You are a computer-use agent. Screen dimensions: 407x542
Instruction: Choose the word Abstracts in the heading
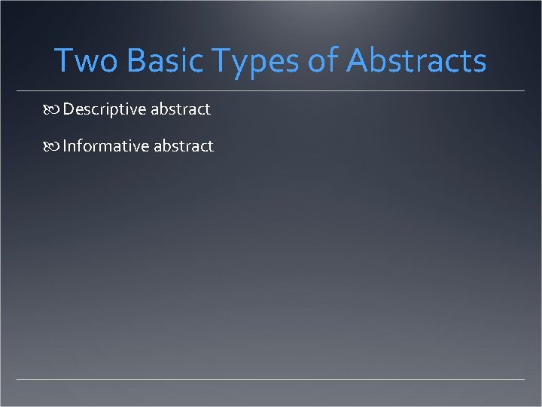tap(416, 60)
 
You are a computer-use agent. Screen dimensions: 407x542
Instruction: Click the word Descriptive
tap(104, 109)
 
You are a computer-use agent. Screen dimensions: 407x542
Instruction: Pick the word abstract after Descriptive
tap(181, 109)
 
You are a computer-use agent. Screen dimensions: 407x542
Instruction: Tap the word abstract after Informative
tap(184, 146)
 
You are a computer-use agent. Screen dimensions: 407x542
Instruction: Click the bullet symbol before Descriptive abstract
tap(52, 110)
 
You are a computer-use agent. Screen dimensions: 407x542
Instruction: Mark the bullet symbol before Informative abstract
tap(52, 147)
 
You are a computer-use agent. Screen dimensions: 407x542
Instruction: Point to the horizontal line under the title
tap(271, 91)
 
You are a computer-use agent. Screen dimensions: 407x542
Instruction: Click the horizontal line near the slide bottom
tap(271, 378)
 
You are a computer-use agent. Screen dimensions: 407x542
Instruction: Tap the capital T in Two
tap(64, 60)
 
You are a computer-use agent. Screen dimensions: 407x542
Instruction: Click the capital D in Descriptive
tap(69, 109)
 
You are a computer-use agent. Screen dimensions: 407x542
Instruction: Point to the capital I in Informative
tap(65, 146)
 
